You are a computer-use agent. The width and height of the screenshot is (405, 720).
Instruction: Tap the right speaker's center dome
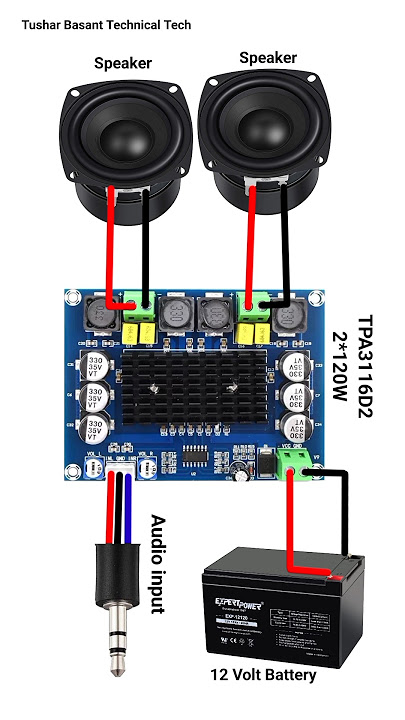click(x=265, y=121)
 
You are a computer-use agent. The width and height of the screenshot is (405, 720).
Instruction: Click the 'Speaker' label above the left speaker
click(x=123, y=63)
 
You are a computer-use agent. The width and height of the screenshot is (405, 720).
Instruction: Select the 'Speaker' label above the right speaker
click(x=268, y=58)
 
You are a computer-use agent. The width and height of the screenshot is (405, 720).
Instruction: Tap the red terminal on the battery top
click(x=337, y=573)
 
